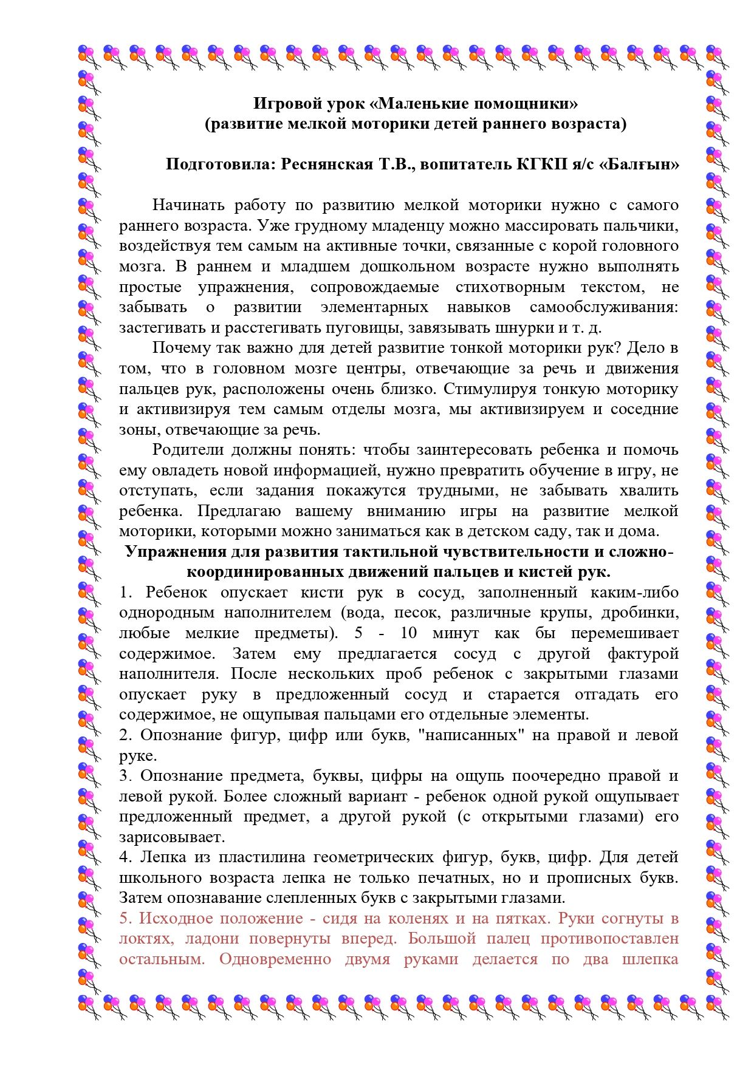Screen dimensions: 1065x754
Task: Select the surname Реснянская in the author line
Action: click(x=327, y=165)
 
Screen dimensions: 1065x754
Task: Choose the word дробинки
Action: click(x=645, y=613)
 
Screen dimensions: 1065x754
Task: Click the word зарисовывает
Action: click(x=172, y=837)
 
